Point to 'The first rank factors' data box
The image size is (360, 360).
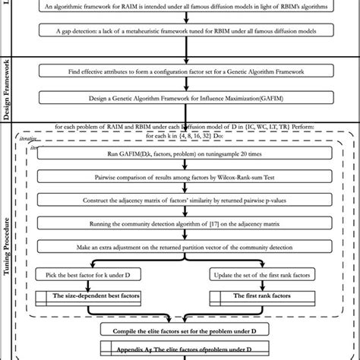[273, 295]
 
